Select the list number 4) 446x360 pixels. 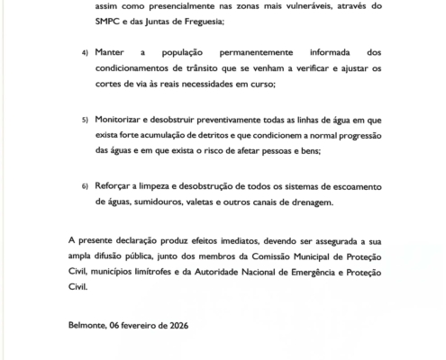pos(85,54)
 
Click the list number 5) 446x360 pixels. pos(85,119)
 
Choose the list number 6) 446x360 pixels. pos(85,184)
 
